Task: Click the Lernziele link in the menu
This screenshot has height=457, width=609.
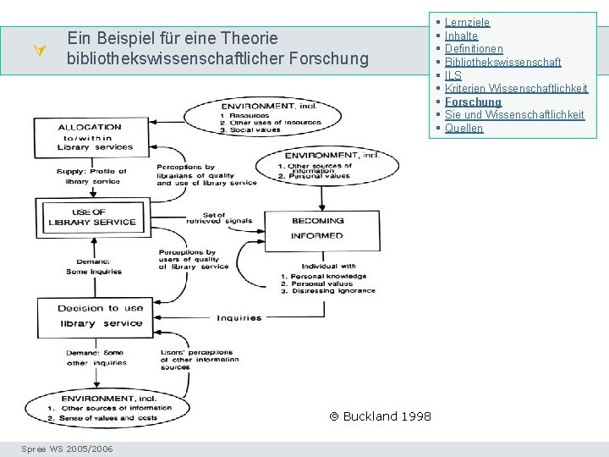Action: point(467,22)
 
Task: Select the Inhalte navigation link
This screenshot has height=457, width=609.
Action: point(461,36)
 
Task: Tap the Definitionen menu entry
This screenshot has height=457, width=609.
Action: point(474,49)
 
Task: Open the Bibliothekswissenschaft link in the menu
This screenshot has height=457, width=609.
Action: point(502,62)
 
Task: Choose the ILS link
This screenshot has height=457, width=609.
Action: point(453,75)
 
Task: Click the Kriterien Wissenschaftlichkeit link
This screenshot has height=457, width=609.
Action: point(516,88)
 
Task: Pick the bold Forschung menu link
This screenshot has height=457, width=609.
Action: point(473,102)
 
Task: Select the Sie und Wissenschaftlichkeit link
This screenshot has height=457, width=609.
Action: point(513,114)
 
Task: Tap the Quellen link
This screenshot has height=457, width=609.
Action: point(464,128)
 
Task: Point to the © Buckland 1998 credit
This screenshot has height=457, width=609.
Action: point(380,416)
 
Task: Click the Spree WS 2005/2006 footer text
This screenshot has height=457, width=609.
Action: point(67,449)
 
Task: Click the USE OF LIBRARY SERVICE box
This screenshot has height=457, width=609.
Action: point(91,217)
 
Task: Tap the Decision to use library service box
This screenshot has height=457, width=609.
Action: point(100,316)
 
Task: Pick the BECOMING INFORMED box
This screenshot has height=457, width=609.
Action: point(317,228)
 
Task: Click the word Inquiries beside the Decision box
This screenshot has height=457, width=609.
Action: point(239,318)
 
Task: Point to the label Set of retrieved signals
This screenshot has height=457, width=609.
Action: point(227,217)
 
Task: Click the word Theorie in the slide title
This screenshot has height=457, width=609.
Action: point(249,38)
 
